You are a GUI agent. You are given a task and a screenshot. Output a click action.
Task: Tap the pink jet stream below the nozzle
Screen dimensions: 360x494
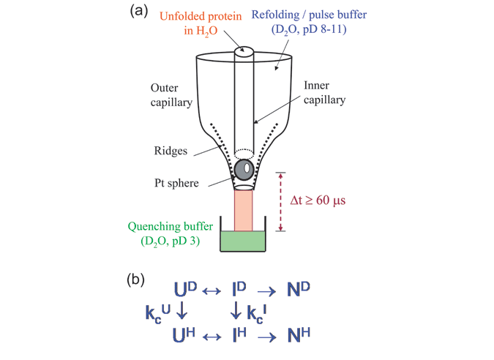click(244, 209)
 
